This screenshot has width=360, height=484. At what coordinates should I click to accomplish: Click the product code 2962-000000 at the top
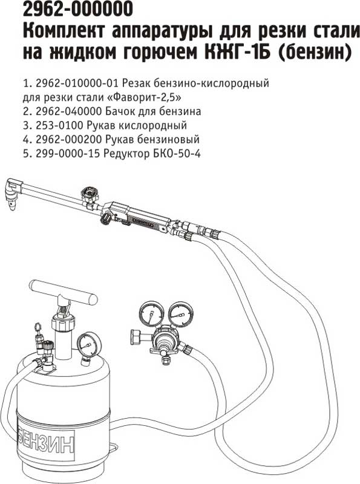78,9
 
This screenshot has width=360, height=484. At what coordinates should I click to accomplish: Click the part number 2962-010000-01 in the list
78,83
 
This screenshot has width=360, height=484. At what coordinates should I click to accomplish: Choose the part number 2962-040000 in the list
69,111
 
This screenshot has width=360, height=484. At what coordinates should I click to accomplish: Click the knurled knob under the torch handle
106,220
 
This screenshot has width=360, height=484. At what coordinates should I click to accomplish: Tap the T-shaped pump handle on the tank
64,292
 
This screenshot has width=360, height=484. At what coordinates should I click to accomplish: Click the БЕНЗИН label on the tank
47,442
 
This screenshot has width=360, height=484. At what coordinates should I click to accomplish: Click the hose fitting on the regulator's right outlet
188,349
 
